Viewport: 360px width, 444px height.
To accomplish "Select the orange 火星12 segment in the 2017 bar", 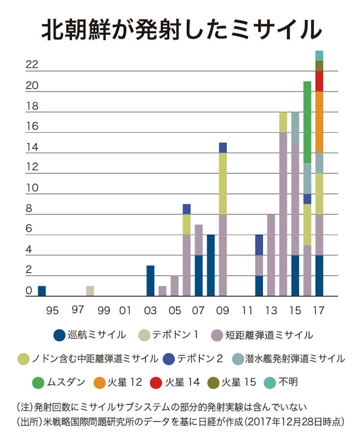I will pos(320,122).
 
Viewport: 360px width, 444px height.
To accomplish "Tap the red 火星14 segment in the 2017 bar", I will pos(320,81).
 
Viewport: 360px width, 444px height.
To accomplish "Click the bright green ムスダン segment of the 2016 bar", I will pos(307,122).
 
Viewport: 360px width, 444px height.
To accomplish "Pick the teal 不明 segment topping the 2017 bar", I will pos(320,55).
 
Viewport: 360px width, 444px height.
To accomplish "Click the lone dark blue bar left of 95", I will pos(42,291).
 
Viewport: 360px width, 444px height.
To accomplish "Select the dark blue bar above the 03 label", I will pos(150,281).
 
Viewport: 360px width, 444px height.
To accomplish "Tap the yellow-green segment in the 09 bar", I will pos(223,183).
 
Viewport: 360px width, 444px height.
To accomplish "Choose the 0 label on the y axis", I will pos(28,291).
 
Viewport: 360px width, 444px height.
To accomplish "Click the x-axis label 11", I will pos(248,311).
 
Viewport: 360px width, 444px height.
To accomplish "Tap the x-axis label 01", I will pos(125,311).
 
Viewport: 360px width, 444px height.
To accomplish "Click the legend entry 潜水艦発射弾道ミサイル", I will pos(293,359).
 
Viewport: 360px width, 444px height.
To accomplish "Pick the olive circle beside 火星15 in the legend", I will pos(214,383).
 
